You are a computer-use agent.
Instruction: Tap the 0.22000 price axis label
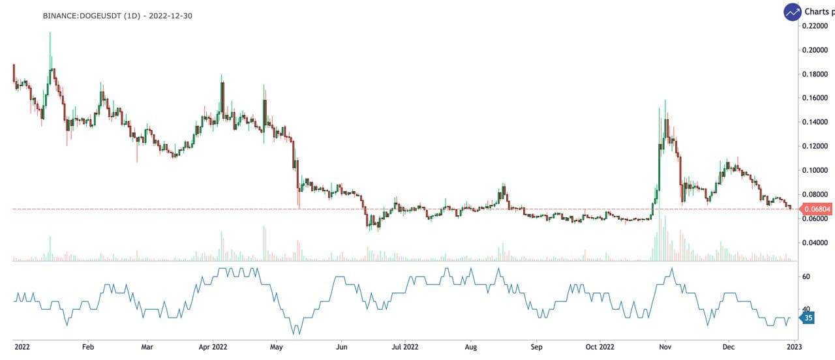tap(815, 26)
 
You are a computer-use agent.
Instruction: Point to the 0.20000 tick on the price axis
tap(815, 50)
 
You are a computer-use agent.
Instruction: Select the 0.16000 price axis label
tap(815, 98)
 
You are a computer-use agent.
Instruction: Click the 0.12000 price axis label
tap(815, 147)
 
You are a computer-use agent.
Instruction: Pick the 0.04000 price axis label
tap(815, 243)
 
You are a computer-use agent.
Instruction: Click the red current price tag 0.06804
tap(817, 209)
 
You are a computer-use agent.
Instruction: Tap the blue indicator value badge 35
tap(808, 318)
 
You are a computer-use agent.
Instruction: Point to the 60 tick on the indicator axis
tap(806, 277)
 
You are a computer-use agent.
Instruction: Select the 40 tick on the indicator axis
tap(806, 310)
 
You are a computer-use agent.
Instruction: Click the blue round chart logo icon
tap(793, 12)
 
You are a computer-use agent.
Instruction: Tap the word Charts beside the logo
tap(819, 12)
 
